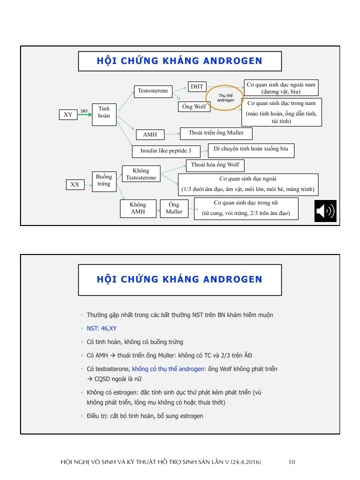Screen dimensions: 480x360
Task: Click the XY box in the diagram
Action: [x=68, y=114]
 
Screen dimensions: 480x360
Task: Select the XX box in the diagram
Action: [x=74, y=184]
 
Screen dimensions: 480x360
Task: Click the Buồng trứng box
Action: [x=104, y=180]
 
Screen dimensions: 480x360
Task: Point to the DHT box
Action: [x=197, y=87]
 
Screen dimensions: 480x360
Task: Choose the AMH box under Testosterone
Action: [x=150, y=134]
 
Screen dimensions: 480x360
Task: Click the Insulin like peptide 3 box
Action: [x=166, y=151]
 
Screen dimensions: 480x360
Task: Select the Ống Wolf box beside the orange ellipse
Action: [x=194, y=106]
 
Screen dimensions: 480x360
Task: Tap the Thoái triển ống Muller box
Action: [x=216, y=133]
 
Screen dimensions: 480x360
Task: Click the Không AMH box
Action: [x=138, y=208]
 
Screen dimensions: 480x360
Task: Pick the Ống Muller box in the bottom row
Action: [x=174, y=208]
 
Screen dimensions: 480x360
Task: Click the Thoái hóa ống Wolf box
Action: [x=215, y=165]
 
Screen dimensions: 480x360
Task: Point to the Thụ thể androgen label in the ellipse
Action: [x=226, y=97]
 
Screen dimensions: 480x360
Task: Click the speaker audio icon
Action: [x=325, y=210]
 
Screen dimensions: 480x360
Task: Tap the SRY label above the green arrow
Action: [x=84, y=110]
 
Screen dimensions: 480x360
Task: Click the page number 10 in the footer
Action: [x=292, y=461]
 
